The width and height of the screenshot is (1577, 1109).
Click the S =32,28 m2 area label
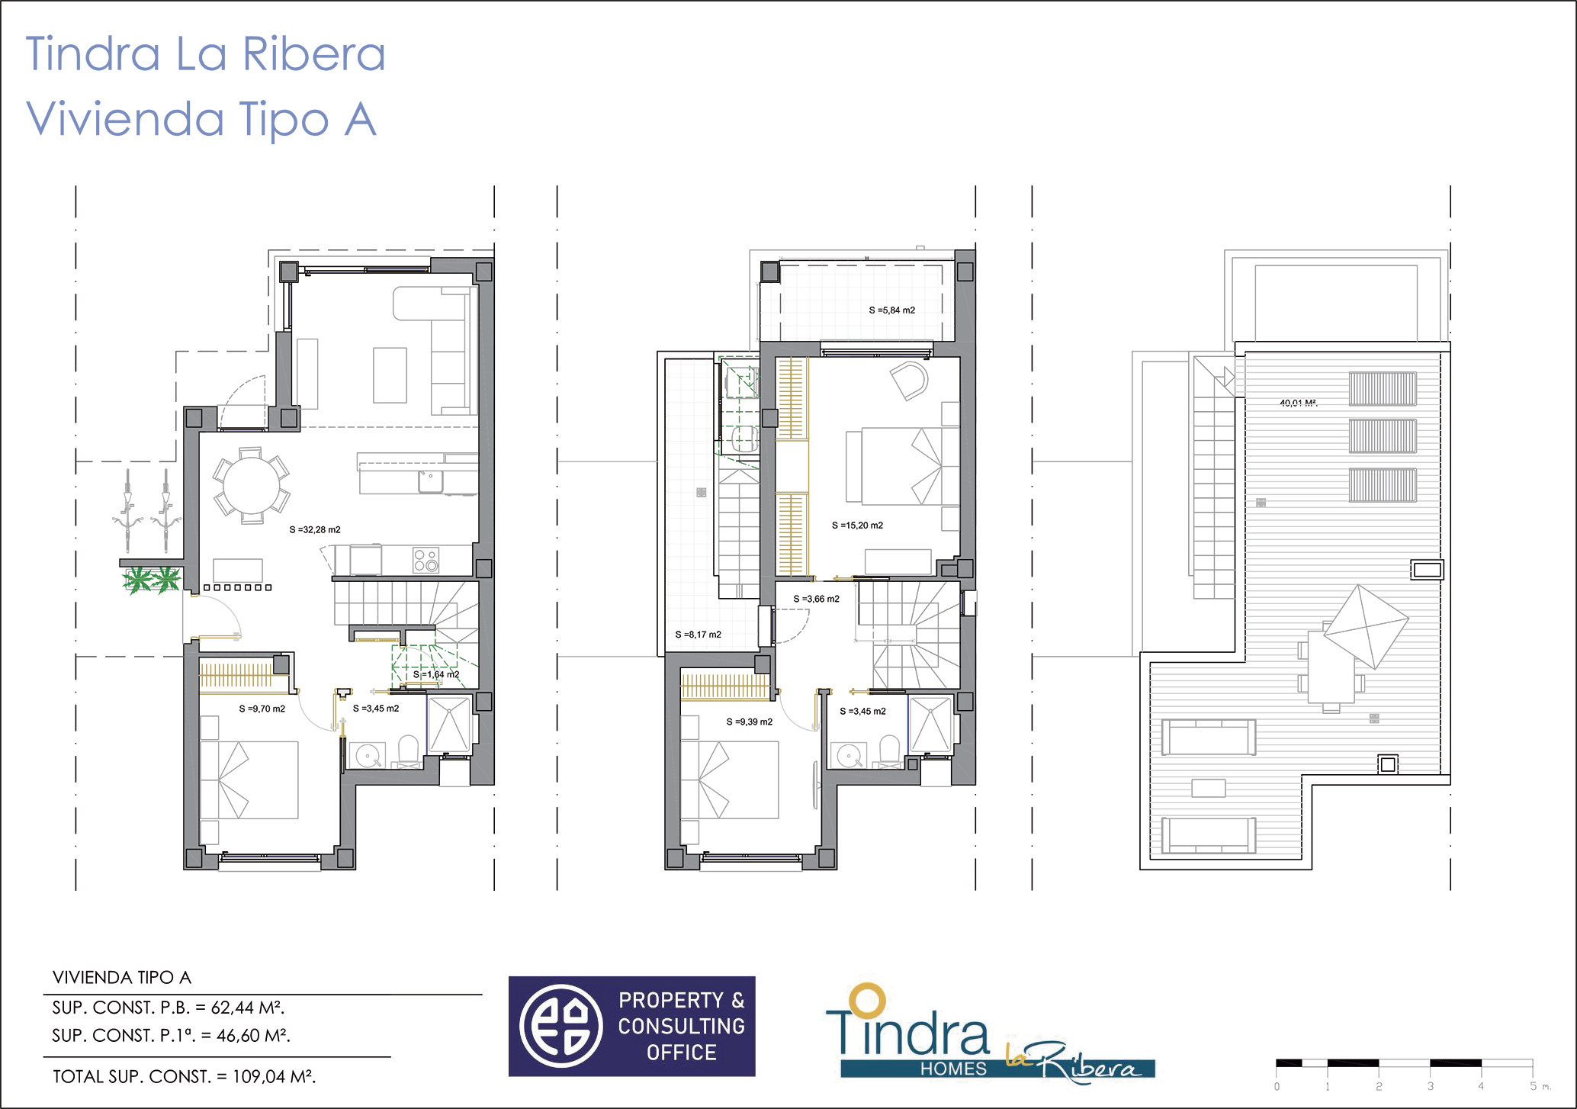point(315,529)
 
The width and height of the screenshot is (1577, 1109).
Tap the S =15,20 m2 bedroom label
point(857,526)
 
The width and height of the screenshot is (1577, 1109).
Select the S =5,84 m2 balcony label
point(892,310)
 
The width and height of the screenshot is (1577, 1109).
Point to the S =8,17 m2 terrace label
point(698,635)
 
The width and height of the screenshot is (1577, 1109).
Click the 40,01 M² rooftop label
point(1299,403)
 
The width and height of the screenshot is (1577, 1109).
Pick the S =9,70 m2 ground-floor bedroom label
point(262,709)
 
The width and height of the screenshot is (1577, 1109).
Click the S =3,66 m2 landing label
point(816,599)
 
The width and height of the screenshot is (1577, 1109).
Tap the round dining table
point(252,486)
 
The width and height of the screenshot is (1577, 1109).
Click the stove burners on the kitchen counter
point(426,560)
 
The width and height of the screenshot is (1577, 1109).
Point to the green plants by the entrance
point(152,580)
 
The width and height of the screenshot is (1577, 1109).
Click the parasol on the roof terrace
point(1366,627)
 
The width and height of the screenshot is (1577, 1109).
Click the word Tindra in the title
point(93,54)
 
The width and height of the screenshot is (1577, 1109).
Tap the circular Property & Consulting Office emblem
point(561,1026)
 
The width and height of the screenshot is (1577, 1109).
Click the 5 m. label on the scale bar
point(1540,1086)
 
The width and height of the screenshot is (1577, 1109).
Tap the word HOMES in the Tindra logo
point(953,1069)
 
